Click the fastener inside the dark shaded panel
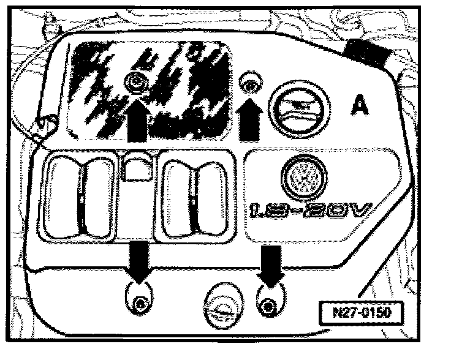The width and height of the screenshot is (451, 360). pos(134,79)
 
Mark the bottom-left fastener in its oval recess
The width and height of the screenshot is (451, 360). pos(140,302)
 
